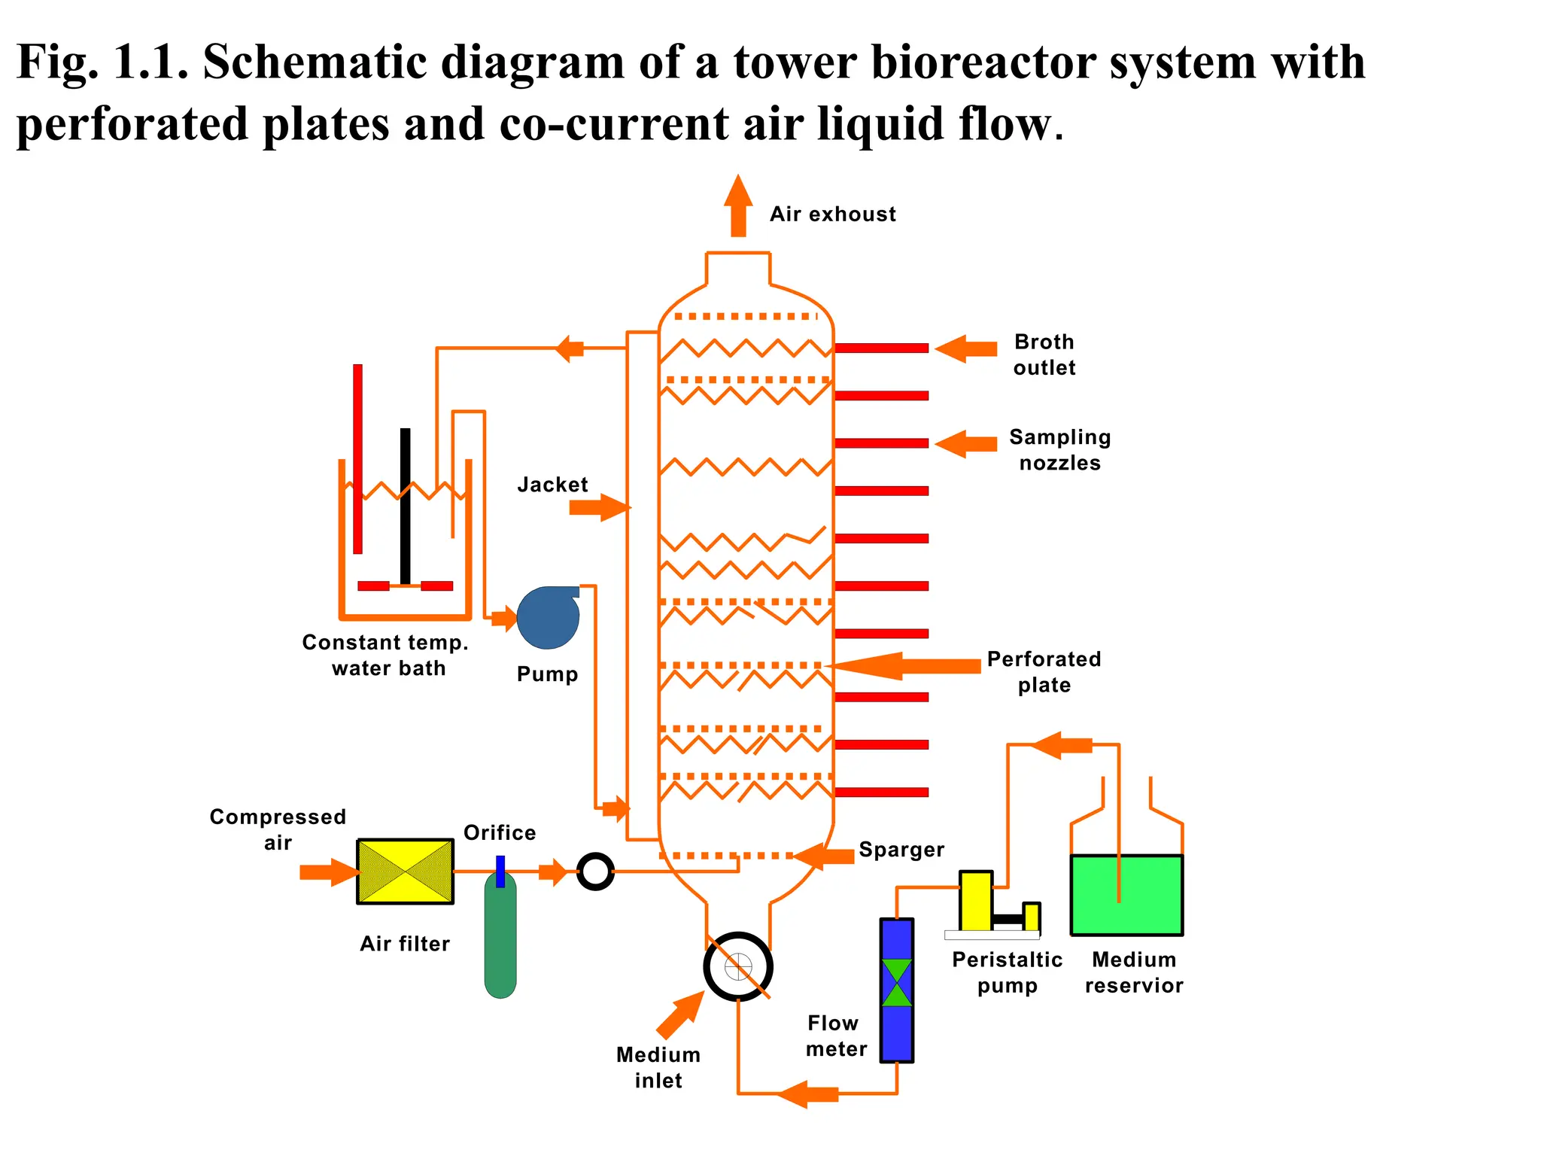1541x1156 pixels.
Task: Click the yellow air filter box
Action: (x=405, y=872)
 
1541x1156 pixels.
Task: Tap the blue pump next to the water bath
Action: (x=547, y=619)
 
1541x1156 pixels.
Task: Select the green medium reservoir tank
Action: (x=1126, y=895)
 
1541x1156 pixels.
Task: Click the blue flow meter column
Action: (x=896, y=990)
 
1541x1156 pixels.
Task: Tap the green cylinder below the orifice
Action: (x=500, y=937)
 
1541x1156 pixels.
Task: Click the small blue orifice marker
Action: (x=500, y=871)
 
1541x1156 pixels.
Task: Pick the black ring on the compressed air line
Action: (x=595, y=872)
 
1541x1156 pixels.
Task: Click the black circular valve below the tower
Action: (x=738, y=967)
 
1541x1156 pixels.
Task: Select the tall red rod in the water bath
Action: (x=357, y=459)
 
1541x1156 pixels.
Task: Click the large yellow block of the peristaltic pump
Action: (x=976, y=901)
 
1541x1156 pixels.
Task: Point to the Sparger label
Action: (x=901, y=850)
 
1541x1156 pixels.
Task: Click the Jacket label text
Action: (x=552, y=485)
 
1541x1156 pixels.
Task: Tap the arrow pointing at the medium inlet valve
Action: (x=679, y=1015)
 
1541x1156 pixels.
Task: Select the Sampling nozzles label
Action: (x=1059, y=450)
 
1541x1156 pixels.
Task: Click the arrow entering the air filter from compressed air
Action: (x=330, y=872)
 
